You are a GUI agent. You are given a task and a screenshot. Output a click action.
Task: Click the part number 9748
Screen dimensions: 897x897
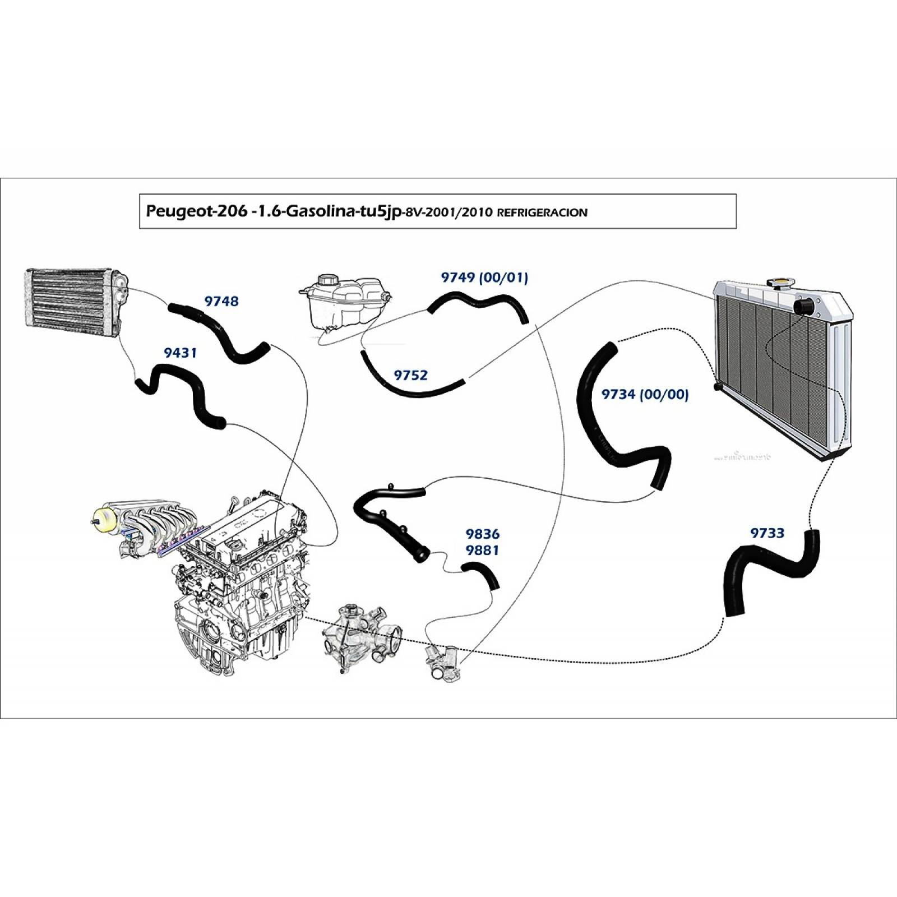[x=221, y=302]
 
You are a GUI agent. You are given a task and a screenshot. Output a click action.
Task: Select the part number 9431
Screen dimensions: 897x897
[x=180, y=353]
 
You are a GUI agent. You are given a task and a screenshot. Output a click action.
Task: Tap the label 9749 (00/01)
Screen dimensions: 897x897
[x=484, y=278]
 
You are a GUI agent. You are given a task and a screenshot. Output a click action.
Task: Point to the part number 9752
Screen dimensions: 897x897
[x=410, y=375]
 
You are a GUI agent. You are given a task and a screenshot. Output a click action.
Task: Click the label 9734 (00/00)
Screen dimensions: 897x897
[x=645, y=394]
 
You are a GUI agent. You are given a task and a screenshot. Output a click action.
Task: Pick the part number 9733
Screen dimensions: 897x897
[x=767, y=533]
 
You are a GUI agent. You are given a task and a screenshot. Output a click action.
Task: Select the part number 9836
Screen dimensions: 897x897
[x=482, y=534]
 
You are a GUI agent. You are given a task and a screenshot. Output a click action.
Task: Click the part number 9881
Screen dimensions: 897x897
[x=482, y=551]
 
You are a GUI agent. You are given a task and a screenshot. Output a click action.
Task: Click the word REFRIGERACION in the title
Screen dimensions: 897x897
[x=542, y=212]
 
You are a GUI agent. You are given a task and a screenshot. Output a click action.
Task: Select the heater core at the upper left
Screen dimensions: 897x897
[x=75, y=302]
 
